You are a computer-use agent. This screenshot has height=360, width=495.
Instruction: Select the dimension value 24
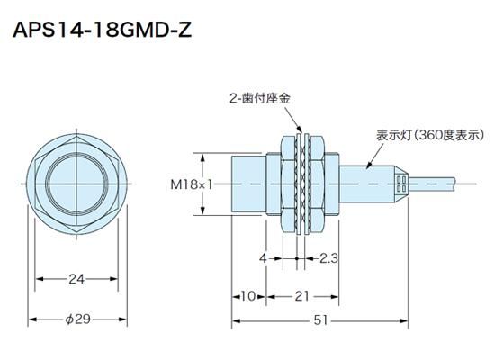click(76, 280)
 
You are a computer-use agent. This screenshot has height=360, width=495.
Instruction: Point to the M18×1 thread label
click(190, 184)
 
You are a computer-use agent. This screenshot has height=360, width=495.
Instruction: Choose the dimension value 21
click(301, 296)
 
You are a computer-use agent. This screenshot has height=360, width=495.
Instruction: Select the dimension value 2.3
click(328, 258)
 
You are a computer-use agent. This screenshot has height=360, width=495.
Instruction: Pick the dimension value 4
click(263, 258)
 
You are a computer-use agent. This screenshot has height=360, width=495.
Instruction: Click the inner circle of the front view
click(76, 184)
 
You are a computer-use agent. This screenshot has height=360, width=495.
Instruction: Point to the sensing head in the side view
click(249, 184)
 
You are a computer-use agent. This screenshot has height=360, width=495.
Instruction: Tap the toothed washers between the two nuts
click(302, 184)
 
